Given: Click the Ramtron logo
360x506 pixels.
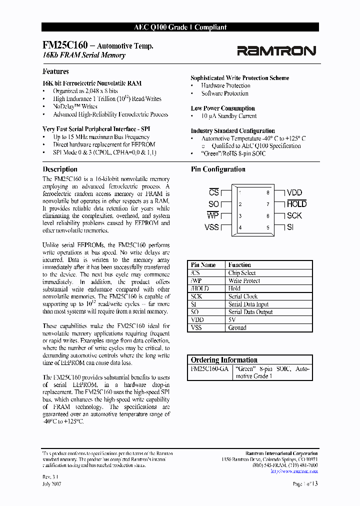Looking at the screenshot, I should pos(276,50).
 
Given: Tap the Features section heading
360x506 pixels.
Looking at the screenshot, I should pos(55,71).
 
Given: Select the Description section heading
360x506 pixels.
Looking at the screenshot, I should pos(60,169).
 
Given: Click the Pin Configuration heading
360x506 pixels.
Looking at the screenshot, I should pos(218,169).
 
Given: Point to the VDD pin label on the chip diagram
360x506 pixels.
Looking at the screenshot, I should pos(294,192).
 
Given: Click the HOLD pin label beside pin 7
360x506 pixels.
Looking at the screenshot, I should pos(296,204).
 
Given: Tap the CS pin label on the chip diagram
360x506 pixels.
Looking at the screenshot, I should pos(214,192).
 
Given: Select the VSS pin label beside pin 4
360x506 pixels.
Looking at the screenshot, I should pos(212,227).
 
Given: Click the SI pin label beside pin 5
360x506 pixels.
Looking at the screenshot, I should pos(290,227).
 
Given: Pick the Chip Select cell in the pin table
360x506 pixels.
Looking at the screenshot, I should pos(242,273).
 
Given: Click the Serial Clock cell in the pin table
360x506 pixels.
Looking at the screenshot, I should pos(243,296).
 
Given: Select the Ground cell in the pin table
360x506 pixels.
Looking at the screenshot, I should pos(237,327).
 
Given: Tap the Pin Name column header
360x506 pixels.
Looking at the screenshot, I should pos(203,265).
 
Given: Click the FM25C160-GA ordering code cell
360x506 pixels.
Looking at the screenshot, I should pos(209,368).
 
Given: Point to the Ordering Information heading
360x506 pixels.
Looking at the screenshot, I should pos(224,360).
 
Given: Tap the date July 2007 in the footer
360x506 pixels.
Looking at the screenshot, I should pos(52,484).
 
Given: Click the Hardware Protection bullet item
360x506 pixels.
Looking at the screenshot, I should pos(225,85).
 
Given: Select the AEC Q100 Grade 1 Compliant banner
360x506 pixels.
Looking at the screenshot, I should pos(180,27).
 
